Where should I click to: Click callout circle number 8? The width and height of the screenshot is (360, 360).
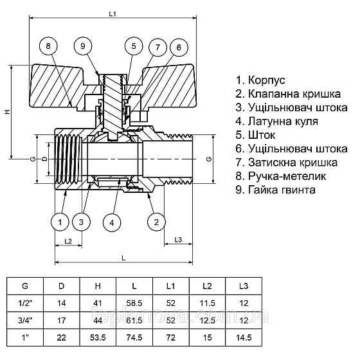click(48, 46)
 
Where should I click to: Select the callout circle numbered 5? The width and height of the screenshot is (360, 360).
click(133, 46)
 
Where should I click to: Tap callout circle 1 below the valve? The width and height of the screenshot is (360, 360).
click(60, 222)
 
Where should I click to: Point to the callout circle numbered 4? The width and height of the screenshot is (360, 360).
click(112, 222)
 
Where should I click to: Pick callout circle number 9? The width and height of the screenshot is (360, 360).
click(82, 46)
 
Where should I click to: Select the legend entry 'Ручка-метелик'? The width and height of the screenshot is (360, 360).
click(281, 175)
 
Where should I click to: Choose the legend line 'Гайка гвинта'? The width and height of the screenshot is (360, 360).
click(276, 190)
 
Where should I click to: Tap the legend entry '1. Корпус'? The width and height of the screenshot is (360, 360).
click(261, 80)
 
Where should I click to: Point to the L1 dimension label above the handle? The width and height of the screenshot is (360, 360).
click(113, 13)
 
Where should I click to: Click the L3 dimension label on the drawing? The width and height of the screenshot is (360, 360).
click(179, 240)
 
